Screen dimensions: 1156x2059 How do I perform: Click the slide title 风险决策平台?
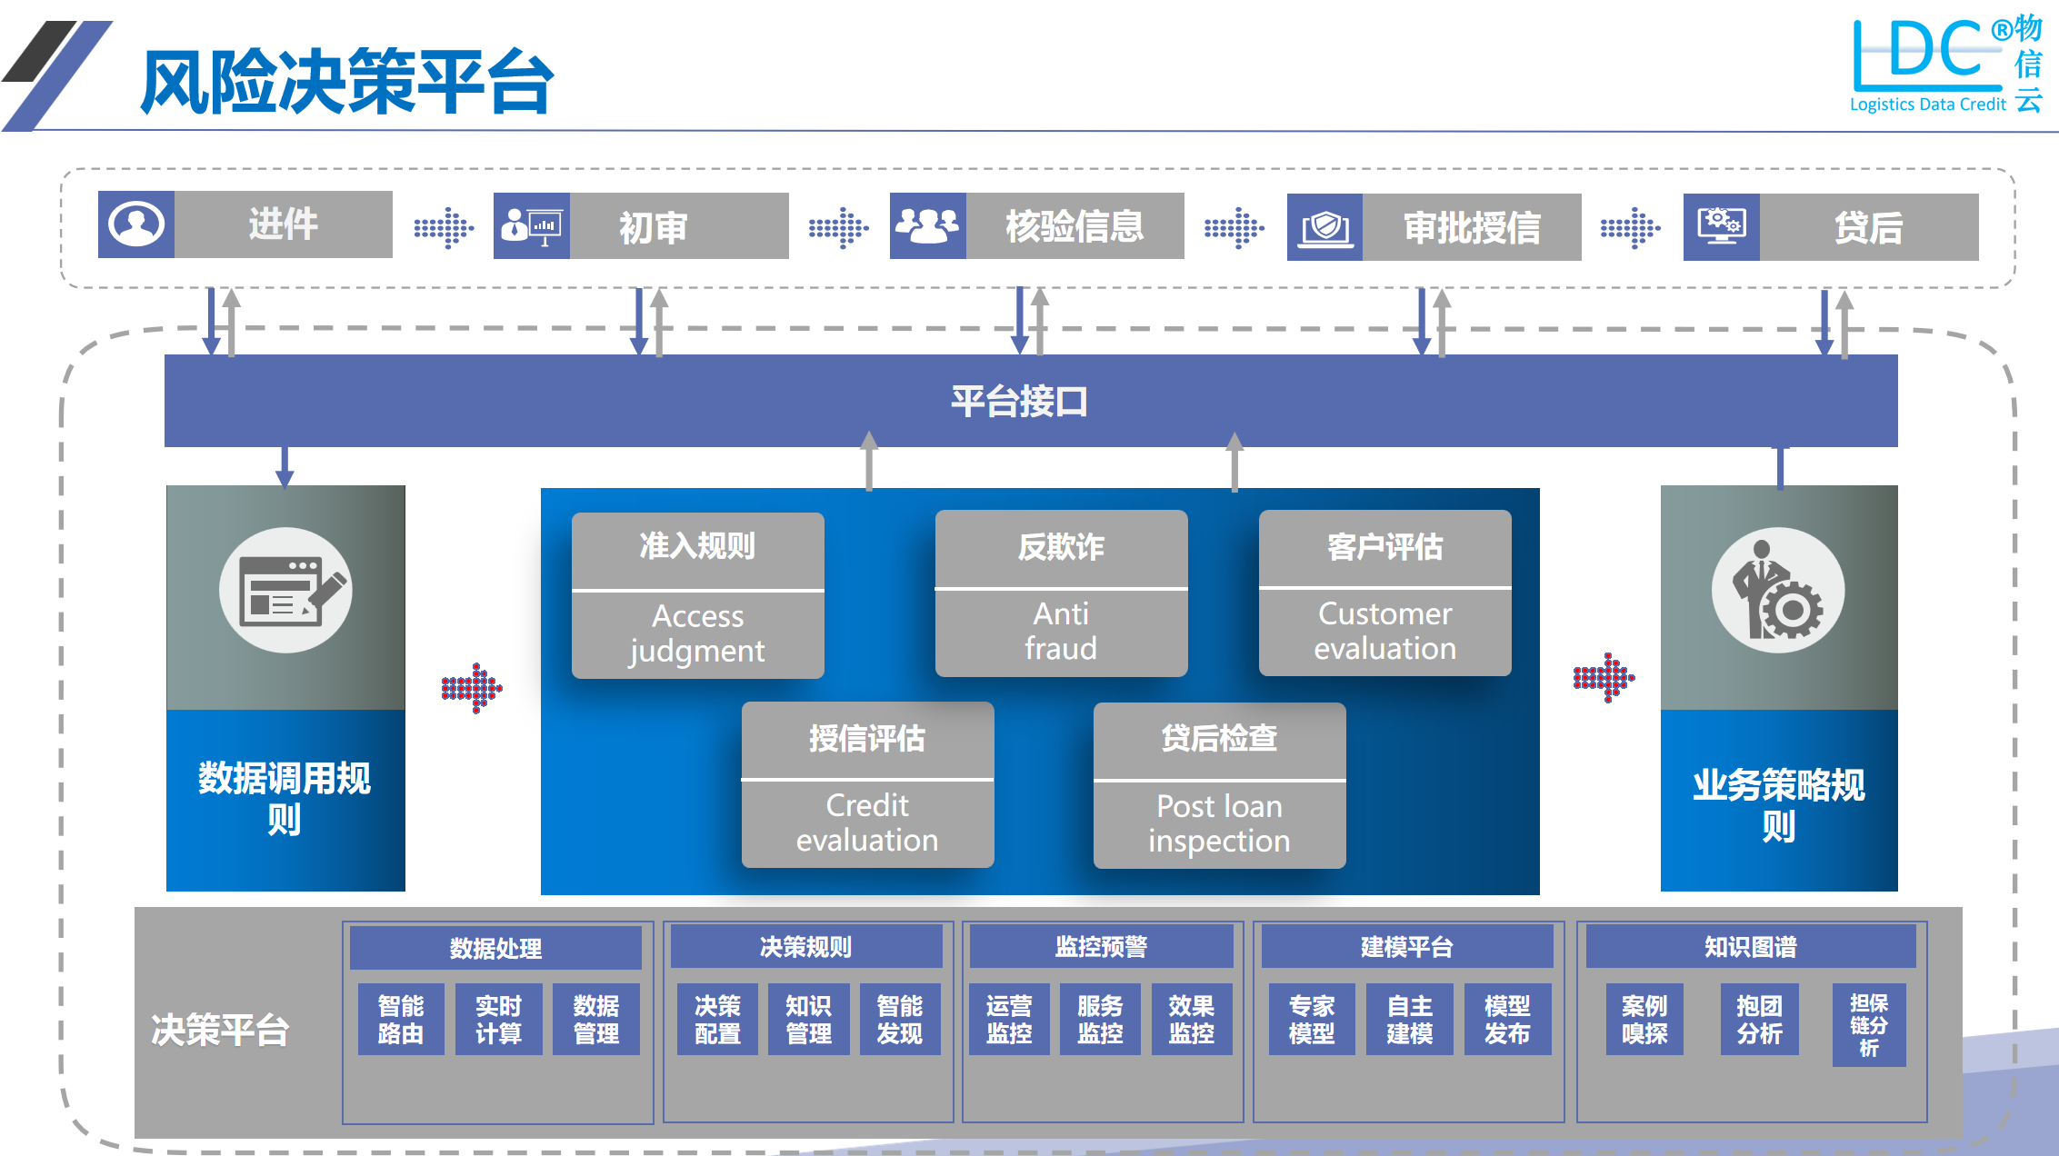coord(346,82)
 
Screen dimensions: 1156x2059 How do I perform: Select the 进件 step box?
coord(283,224)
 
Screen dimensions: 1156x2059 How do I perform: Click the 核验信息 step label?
coord(1074,226)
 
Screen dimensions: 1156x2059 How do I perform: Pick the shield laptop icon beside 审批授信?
coord(1324,227)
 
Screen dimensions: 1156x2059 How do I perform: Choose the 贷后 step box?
coord(1868,227)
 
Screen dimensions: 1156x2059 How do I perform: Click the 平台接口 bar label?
coord(1019,401)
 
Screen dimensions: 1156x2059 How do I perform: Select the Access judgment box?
coord(697,595)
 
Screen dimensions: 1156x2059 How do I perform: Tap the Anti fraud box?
coord(1061,593)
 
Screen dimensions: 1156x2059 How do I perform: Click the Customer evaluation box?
coord(1384,593)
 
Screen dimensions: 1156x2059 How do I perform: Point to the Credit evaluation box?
coord(867,785)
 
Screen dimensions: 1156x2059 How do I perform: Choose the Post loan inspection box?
coord(1219,786)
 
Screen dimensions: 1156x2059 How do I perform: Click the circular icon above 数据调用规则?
coord(285,591)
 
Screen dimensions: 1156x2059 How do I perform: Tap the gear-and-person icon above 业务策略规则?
coord(1778,591)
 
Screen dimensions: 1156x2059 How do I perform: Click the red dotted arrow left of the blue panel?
coord(472,688)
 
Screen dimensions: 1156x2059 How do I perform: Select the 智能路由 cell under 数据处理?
coord(401,1019)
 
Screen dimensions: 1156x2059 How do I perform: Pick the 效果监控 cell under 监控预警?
coord(1191,1019)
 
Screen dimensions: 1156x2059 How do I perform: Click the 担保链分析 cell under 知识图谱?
coord(1868,1025)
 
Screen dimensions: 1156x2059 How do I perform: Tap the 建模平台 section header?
coord(1406,947)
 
